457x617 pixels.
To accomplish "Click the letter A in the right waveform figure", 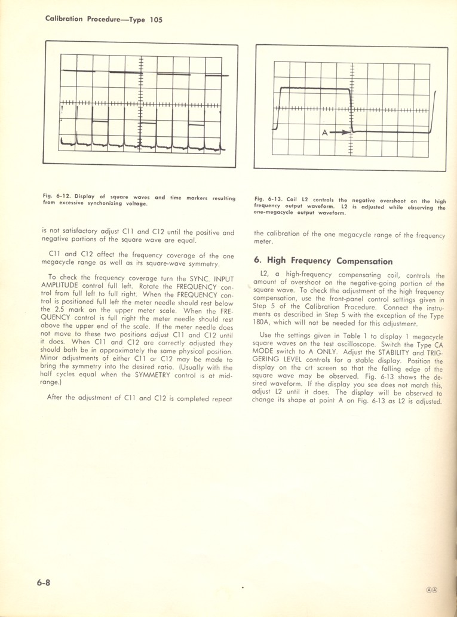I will point(325,134).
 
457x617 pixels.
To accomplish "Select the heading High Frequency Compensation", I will point(323,261).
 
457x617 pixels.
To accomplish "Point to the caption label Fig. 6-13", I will point(268,200).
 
